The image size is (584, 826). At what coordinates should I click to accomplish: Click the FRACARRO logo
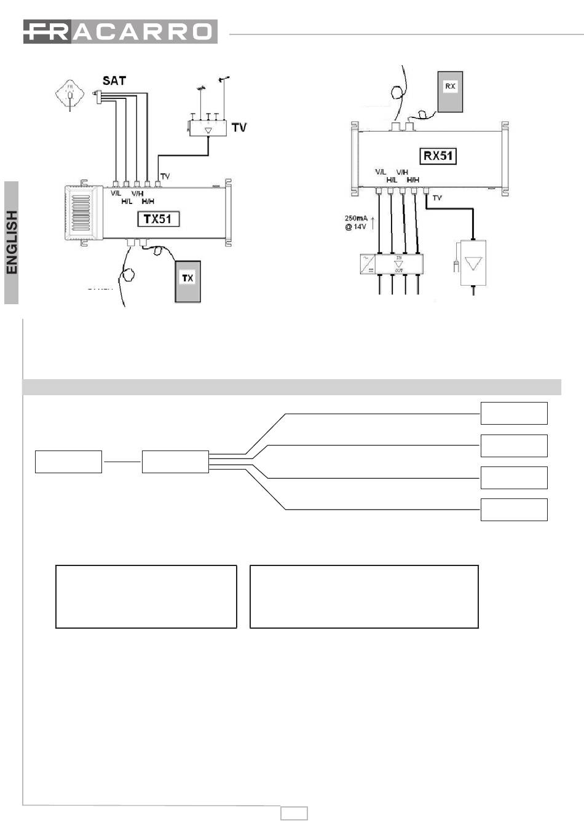[120, 32]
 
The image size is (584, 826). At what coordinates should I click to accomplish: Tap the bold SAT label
[114, 81]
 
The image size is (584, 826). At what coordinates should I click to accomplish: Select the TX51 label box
[157, 218]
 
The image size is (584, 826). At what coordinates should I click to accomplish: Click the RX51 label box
[439, 155]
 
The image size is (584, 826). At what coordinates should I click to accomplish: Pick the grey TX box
[187, 281]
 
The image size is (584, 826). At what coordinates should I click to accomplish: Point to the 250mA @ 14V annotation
[355, 222]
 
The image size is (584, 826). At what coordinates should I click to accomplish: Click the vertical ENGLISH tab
[12, 242]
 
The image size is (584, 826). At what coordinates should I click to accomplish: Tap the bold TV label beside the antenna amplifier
[239, 128]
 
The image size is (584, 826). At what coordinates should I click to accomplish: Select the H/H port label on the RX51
[412, 179]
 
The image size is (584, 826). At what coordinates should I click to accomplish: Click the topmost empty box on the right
[513, 413]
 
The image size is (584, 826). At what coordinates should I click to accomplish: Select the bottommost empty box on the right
[513, 509]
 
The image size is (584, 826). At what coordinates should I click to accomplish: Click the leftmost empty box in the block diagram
[68, 462]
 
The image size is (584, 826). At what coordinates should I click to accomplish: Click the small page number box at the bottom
[294, 813]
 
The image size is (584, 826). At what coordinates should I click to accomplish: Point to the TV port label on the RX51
[437, 198]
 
